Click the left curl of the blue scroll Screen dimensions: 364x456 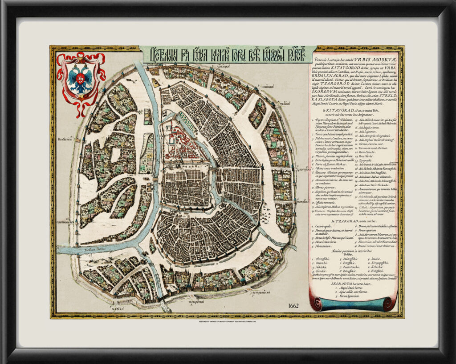tap(316, 304)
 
